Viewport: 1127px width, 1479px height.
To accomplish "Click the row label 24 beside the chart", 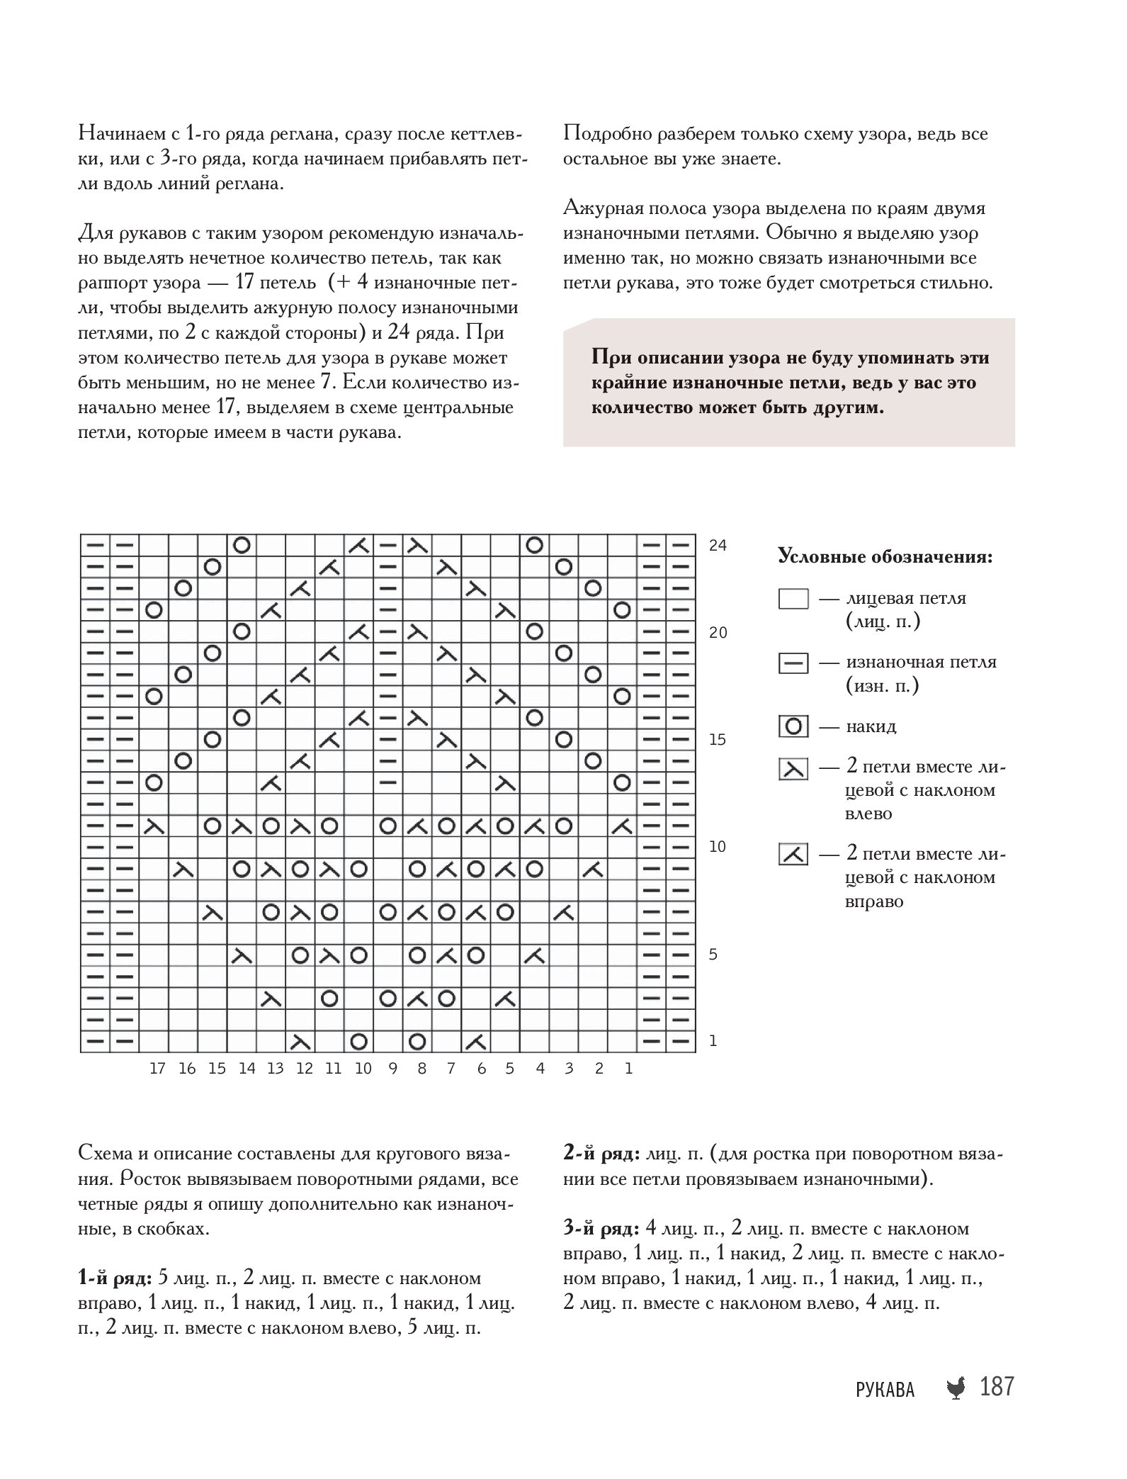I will tap(718, 546).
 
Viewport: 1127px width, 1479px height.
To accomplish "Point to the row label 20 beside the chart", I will tap(718, 633).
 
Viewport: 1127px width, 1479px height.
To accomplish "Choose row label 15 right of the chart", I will tap(718, 740).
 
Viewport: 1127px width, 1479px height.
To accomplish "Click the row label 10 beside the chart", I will tap(718, 847).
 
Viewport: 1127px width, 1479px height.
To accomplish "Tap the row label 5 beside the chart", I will tap(713, 955).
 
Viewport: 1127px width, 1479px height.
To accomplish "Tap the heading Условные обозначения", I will tap(885, 557).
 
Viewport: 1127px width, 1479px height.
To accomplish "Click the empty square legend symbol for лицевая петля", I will tap(793, 600).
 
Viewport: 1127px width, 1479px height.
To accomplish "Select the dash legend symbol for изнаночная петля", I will tap(793, 664).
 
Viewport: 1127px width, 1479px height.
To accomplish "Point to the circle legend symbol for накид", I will tap(793, 727).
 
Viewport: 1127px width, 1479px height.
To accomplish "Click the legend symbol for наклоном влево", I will tap(793, 769).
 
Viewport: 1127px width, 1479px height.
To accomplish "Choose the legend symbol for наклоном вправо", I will tap(793, 855).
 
